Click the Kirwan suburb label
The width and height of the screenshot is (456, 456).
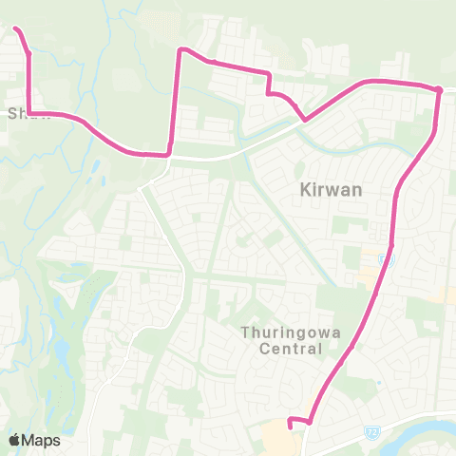tap(311, 189)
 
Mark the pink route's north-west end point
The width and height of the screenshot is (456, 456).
tap(16, 30)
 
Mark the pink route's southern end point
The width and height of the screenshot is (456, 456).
tap(289, 416)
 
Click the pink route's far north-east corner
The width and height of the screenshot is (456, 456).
tap(439, 90)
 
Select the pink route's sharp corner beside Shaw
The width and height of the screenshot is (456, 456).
tap(30, 114)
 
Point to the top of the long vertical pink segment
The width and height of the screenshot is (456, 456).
tap(180, 49)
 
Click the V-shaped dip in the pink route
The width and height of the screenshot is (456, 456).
tap(304, 120)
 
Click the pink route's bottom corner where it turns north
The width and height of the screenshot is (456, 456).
tap(310, 420)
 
